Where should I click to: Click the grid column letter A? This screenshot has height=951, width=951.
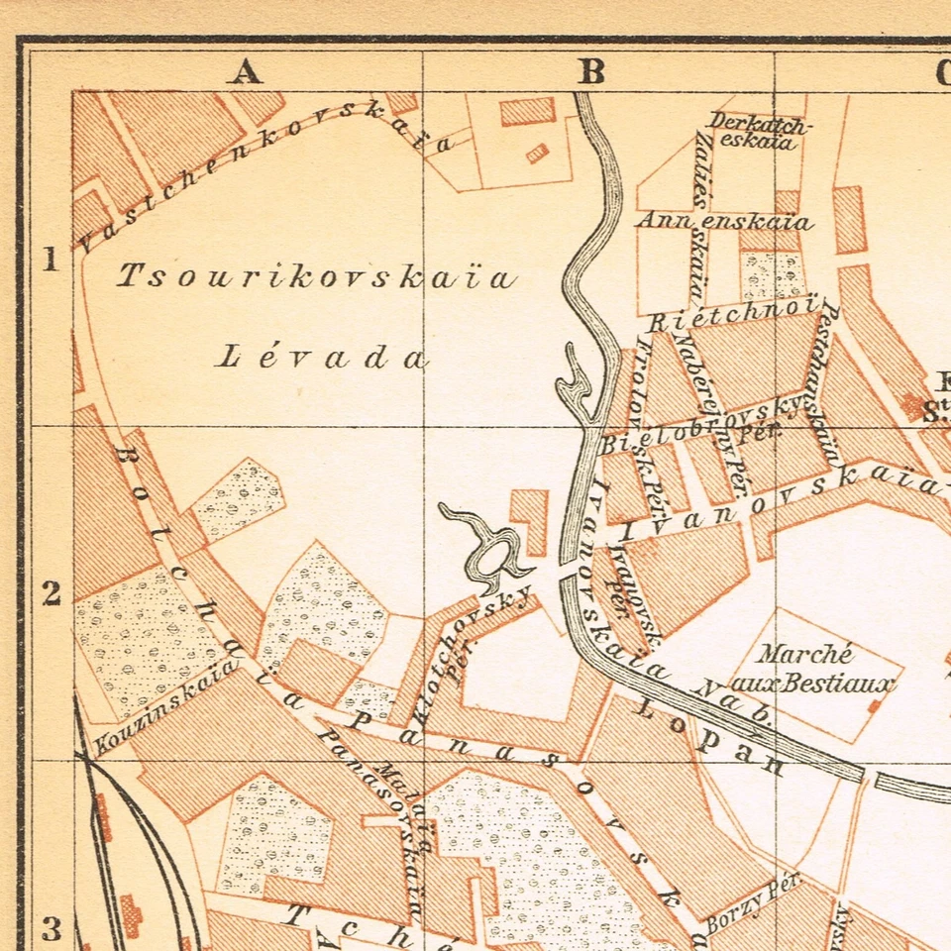247,72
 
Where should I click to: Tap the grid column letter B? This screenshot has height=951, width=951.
591,72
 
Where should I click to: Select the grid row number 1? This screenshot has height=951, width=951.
50,261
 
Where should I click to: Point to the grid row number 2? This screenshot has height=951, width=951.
50,593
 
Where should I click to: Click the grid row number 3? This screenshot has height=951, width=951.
50,929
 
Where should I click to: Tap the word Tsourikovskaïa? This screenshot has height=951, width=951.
317,277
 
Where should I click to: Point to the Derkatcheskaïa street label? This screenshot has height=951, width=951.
759,131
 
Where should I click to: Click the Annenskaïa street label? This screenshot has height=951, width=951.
724,221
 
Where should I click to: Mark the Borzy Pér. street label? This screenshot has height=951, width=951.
753,903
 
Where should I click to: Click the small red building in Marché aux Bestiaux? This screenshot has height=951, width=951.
873,706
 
